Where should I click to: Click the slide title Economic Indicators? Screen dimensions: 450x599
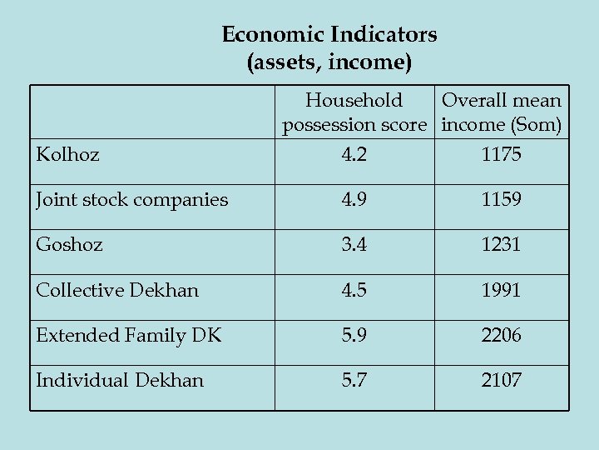tap(329, 35)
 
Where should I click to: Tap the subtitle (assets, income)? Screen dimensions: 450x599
tap(329, 62)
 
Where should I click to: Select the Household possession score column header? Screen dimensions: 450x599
tap(354, 112)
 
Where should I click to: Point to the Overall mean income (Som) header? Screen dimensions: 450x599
tap(502, 112)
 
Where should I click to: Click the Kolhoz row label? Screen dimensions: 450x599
tap(67, 154)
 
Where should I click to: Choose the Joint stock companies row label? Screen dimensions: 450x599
tap(131, 200)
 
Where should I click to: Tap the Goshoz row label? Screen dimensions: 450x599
tap(70, 245)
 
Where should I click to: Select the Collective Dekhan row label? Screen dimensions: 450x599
tap(117, 290)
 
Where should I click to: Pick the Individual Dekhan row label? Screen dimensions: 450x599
tap(120, 380)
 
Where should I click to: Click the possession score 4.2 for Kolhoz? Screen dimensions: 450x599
tap(354, 154)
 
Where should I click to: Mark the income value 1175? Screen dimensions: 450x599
tap(502, 154)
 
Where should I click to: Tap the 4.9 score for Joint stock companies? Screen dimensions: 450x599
tap(354, 200)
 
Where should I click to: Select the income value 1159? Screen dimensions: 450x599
tap(502, 200)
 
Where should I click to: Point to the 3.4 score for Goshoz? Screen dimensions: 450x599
tap(354, 245)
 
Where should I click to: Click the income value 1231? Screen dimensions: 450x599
tap(502, 245)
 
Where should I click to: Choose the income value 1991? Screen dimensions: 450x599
tap(502, 290)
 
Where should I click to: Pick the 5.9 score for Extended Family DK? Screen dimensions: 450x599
tap(354, 335)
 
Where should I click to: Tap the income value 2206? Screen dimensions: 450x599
tap(502, 335)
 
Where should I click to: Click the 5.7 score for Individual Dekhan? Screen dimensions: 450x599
tap(354, 380)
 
